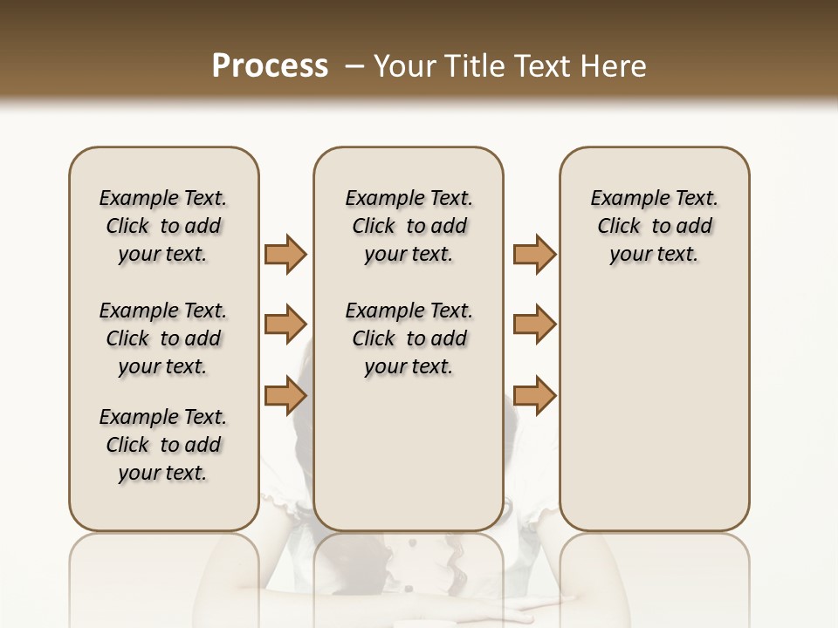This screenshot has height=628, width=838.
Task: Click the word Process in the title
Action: point(270,66)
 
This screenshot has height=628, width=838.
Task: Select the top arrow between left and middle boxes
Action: point(285,254)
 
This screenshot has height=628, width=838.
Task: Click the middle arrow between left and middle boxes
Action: point(285,324)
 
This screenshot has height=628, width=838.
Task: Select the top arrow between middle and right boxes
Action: point(534,254)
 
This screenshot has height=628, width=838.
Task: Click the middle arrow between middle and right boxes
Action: point(534,324)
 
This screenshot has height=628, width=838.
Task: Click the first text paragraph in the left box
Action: point(163,226)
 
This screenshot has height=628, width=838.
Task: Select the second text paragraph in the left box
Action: point(163,338)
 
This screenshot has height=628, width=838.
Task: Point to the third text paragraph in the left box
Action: point(163,445)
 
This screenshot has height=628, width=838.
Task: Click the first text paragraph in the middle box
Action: point(409,226)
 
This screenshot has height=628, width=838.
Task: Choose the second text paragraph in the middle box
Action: point(409,338)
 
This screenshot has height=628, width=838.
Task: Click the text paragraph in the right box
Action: point(654,226)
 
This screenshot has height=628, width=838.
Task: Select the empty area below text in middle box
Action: point(409,454)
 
